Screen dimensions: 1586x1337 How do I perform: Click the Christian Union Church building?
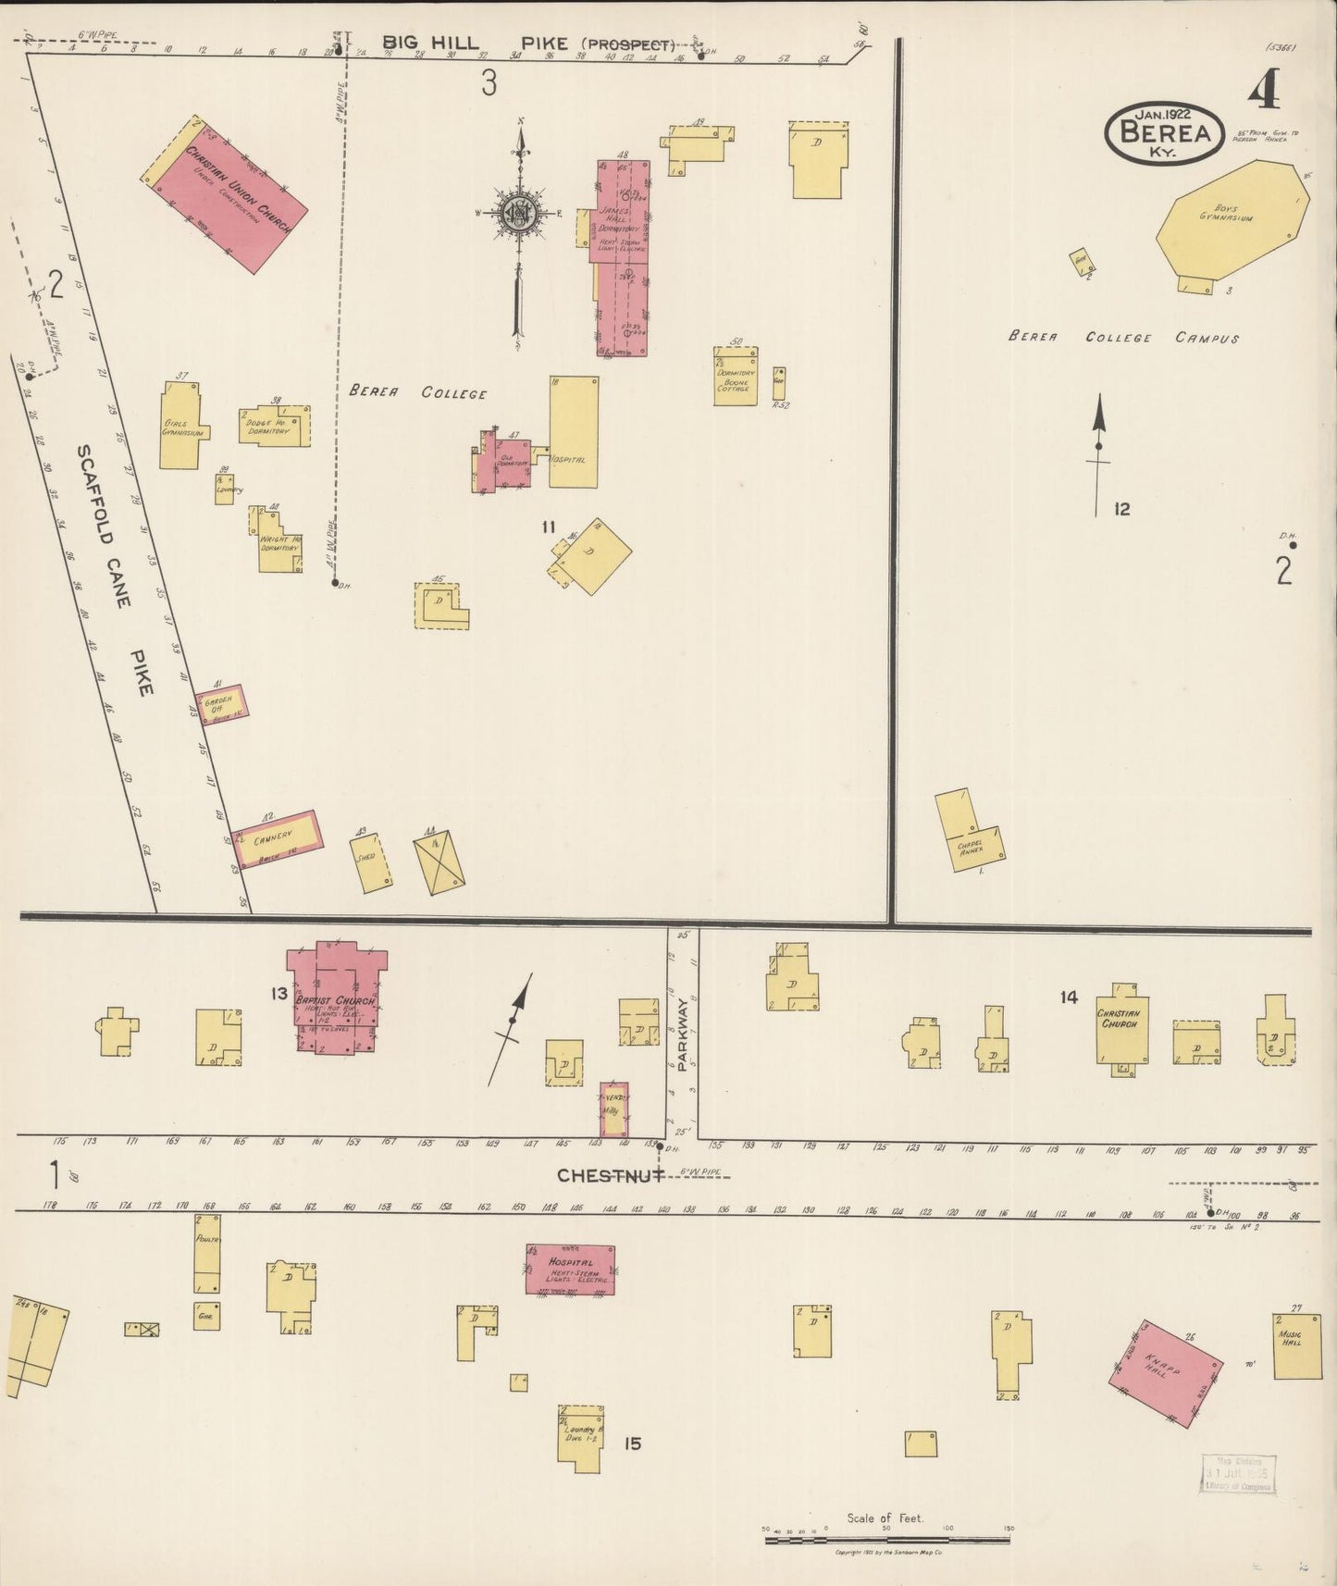225,195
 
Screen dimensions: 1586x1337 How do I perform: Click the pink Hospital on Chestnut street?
570,1269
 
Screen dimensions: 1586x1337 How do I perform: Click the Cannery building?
277,839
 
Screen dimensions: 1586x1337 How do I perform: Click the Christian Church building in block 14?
1122,1029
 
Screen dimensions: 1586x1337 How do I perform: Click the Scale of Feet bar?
886,1540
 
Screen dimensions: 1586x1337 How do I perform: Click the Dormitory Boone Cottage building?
736,377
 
